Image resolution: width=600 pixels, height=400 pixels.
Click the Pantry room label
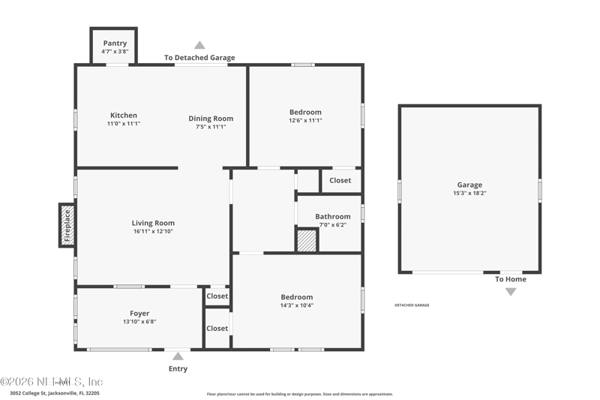115,44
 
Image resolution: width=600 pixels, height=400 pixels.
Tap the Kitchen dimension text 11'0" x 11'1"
124,124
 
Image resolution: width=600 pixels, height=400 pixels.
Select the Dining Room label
211,119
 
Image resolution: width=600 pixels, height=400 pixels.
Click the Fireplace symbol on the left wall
67,224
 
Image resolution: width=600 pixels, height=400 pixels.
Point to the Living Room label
153,223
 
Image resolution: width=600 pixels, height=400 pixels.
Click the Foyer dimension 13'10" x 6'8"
139,321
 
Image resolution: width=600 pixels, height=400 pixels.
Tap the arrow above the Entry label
178,356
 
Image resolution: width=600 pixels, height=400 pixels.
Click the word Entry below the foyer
178,368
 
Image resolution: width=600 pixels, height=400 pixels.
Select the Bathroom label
332,217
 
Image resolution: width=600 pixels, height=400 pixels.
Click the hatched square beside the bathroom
307,240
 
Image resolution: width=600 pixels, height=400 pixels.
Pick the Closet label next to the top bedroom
340,180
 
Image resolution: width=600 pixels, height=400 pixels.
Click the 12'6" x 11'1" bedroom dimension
305,121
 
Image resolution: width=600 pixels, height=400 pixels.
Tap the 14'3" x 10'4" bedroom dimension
296,305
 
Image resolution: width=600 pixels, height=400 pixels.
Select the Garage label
469,185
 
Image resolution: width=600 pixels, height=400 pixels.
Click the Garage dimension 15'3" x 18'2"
469,193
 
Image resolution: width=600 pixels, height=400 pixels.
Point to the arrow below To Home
510,291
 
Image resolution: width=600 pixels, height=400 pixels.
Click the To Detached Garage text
199,57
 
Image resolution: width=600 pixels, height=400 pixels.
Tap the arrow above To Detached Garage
199,45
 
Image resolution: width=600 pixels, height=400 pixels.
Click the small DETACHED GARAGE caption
412,305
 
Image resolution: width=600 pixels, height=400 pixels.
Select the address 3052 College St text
54,392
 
